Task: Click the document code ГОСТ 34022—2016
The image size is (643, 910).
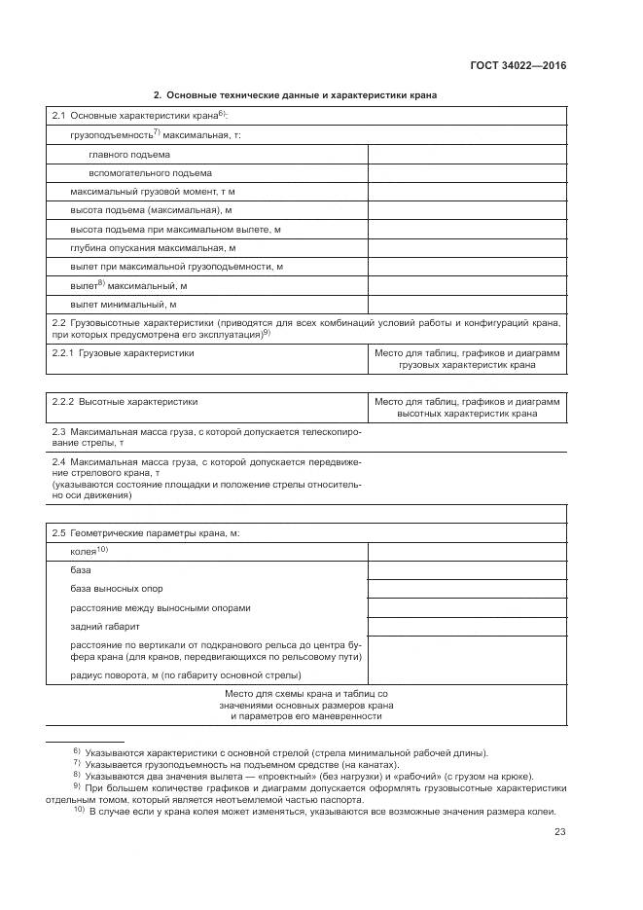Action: click(x=518, y=66)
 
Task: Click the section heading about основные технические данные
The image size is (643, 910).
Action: click(x=295, y=95)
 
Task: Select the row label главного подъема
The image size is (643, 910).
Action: click(x=128, y=154)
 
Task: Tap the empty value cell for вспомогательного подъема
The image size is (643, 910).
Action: click(x=467, y=173)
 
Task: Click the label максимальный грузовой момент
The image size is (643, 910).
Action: click(x=153, y=192)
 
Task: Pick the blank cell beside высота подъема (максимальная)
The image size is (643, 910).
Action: click(x=467, y=210)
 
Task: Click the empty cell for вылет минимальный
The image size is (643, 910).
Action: click(x=467, y=305)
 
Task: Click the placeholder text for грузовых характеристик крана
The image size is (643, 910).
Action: click(x=467, y=359)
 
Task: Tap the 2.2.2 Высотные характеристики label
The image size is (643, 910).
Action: click(x=125, y=401)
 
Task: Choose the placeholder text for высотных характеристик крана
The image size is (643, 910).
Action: click(x=467, y=407)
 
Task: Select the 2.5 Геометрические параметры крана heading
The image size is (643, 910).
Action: click(x=145, y=533)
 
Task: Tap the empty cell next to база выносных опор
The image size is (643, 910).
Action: click(x=467, y=589)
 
